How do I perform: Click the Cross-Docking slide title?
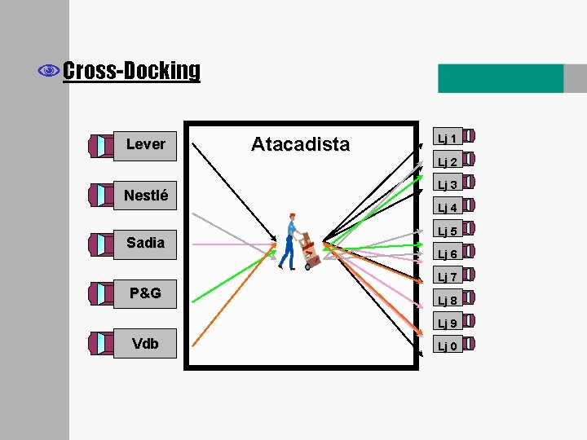130,71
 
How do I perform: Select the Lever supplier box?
146,144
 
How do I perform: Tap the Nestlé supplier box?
146,195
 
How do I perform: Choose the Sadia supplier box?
146,243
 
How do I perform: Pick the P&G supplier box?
146,293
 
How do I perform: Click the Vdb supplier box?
146,343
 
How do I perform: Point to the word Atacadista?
300,144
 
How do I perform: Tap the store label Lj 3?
447,184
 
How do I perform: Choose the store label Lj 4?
447,207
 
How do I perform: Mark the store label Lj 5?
447,231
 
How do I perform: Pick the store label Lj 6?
447,253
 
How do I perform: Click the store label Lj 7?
447,277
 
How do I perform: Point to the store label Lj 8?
447,300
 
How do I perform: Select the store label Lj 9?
447,323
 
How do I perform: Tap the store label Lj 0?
447,346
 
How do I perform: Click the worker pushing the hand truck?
292,241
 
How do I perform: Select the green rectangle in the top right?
501,78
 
